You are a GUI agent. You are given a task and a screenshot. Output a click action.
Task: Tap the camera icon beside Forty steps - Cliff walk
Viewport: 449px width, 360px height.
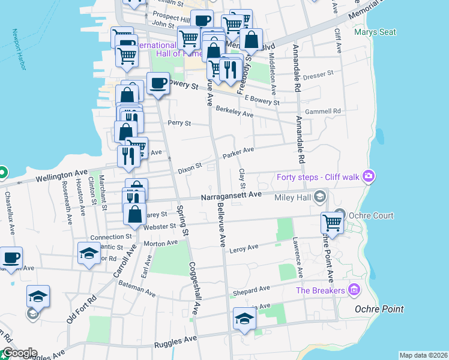click(x=369, y=176)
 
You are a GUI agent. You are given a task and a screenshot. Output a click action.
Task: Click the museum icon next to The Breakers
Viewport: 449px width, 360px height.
click(x=354, y=290)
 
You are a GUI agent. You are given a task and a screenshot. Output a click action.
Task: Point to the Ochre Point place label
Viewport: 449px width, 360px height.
click(x=378, y=309)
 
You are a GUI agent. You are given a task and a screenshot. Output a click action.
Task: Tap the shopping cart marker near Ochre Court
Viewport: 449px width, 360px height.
click(x=331, y=223)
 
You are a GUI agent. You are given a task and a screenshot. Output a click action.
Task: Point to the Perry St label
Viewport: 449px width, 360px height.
click(x=179, y=123)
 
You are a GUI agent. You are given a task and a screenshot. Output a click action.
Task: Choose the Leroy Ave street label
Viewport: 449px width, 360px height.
click(x=244, y=247)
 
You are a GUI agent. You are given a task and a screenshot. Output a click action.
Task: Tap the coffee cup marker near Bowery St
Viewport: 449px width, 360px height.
click(x=158, y=84)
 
